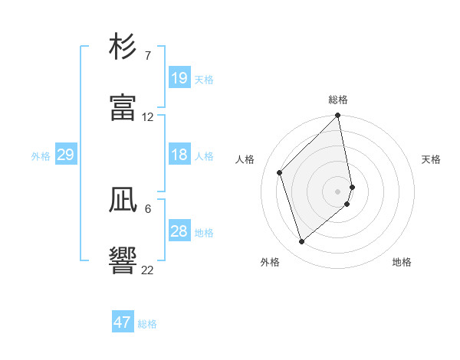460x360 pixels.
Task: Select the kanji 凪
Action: pyautogui.click(x=123, y=200)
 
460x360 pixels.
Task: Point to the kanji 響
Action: pyautogui.click(x=123, y=260)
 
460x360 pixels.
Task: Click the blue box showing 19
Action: pyautogui.click(x=179, y=78)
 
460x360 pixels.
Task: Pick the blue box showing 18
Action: pyautogui.click(x=179, y=155)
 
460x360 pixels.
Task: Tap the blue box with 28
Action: pyautogui.click(x=179, y=231)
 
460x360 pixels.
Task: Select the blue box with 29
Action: pyautogui.click(x=65, y=155)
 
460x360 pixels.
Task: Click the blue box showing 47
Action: pyautogui.click(x=123, y=322)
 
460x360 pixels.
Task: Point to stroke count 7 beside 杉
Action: pyautogui.click(x=147, y=56)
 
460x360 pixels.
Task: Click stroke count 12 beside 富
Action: pyautogui.click(x=148, y=117)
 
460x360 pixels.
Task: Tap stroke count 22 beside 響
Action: pyautogui.click(x=148, y=270)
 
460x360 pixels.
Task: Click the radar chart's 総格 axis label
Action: pyautogui.click(x=338, y=100)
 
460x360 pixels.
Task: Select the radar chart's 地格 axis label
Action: pyautogui.click(x=402, y=262)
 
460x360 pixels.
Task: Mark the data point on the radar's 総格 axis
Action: pyautogui.click(x=338, y=116)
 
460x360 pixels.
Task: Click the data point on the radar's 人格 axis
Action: pyautogui.click(x=280, y=172)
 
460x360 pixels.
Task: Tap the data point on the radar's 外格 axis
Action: pyautogui.click(x=302, y=241)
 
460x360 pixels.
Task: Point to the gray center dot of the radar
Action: pyautogui.click(x=338, y=191)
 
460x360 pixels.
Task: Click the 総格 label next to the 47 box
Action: pyautogui.click(x=147, y=324)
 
